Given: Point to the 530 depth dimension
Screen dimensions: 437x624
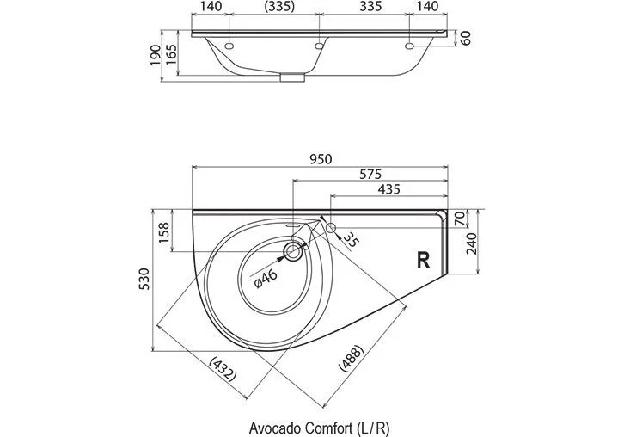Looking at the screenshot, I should [x=146, y=279].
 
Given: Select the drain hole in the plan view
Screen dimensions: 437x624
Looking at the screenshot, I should [x=293, y=252].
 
